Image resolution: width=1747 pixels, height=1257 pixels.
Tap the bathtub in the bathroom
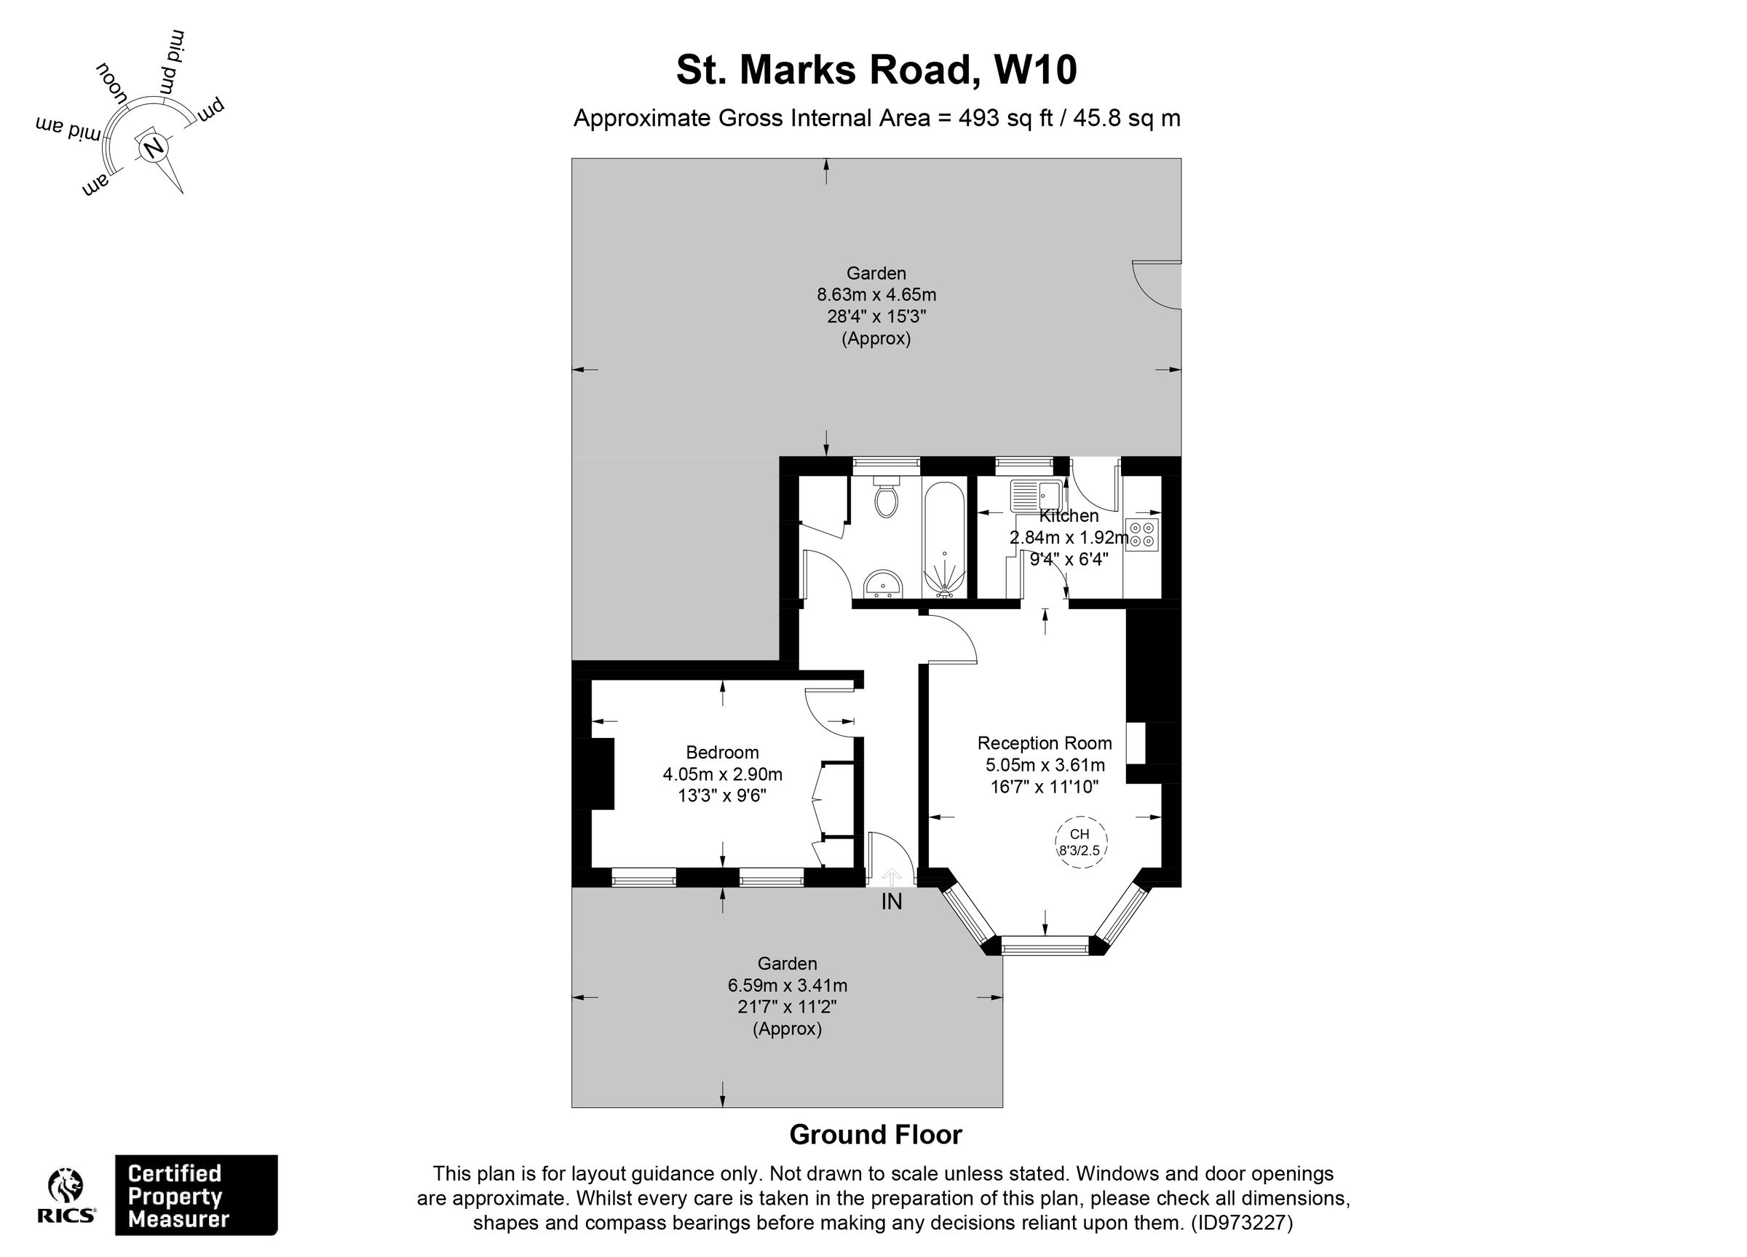coord(943,539)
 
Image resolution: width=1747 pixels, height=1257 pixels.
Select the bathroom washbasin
coord(883,583)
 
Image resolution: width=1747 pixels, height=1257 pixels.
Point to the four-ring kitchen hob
coord(1141,534)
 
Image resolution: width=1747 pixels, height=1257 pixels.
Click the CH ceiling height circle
coord(1080,842)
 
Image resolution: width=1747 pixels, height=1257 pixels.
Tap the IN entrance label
coord(891,901)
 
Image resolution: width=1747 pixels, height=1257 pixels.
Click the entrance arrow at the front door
coord(891,876)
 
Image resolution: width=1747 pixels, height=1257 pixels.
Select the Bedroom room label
coord(723,753)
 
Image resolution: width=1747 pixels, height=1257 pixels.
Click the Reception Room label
coord(1045,743)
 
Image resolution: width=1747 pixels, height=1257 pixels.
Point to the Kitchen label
coord(1069,516)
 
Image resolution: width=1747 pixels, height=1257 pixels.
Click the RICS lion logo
coord(67,1187)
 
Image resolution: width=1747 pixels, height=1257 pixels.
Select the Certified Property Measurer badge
coord(196,1194)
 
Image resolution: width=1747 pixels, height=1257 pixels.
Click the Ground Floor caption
coord(876,1135)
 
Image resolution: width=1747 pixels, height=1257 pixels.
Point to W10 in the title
coord(1034,70)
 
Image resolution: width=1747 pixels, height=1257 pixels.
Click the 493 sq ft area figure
coord(1005,119)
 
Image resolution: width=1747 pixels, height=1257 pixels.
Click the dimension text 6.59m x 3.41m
coord(787,985)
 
